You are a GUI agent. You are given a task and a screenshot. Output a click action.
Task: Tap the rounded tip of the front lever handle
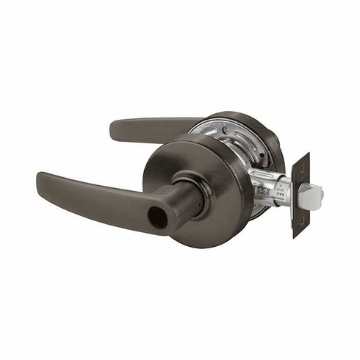coord(42,180)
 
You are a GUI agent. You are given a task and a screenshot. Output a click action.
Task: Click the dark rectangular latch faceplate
coord(300,195)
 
